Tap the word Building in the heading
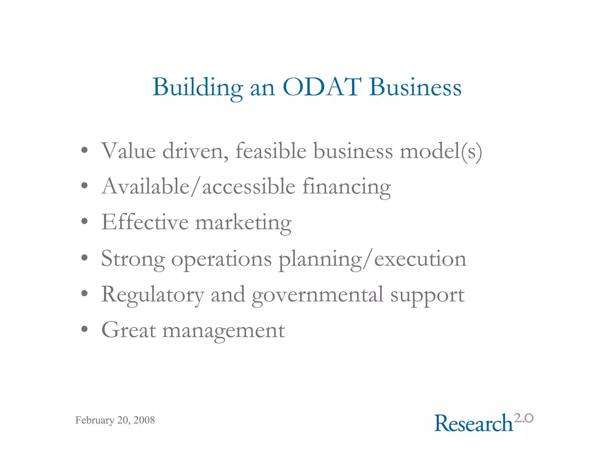click(x=198, y=88)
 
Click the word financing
click(x=347, y=187)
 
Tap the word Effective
click(x=145, y=222)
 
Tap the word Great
click(x=129, y=330)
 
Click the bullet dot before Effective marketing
click(x=85, y=222)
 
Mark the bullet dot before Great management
click(x=85, y=329)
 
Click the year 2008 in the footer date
click(x=144, y=420)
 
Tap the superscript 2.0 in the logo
click(x=524, y=418)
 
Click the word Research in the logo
click(x=474, y=423)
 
